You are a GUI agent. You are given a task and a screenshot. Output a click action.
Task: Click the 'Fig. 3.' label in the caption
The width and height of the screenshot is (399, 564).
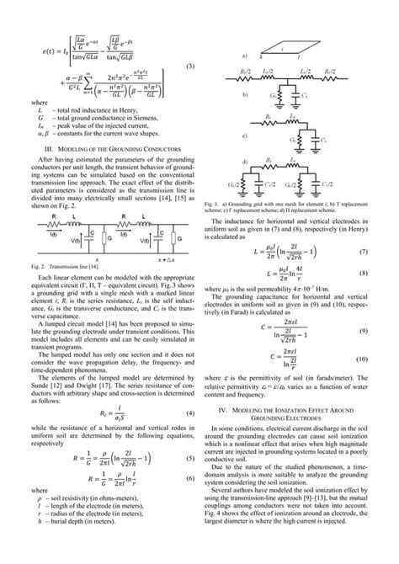(x=213, y=203)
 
